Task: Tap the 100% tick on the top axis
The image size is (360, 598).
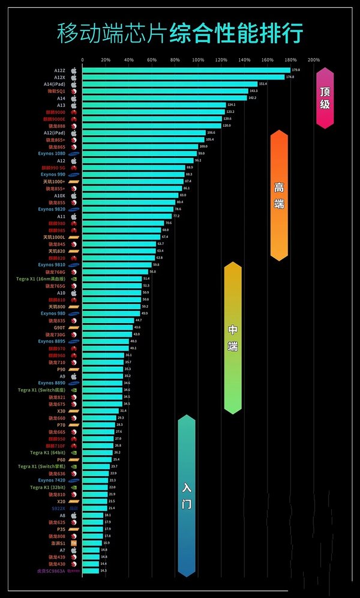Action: pos(198,60)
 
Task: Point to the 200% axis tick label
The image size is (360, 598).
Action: pos(313,60)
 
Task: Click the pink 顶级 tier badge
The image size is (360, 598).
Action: pos(325,98)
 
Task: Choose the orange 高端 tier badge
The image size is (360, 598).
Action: pos(279,195)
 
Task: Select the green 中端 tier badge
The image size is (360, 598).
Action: pos(233,337)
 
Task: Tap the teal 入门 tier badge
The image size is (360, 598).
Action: pos(187,495)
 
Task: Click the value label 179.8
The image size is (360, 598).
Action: pos(296,70)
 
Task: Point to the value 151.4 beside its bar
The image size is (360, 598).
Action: pos(263,84)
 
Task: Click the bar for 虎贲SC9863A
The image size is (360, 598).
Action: pos(91,570)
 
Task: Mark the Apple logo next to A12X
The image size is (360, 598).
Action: pos(74,77)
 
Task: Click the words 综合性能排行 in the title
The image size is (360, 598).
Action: pos(236,33)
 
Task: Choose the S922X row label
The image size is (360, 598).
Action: pos(58,508)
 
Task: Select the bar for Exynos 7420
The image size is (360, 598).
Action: pos(95,480)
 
